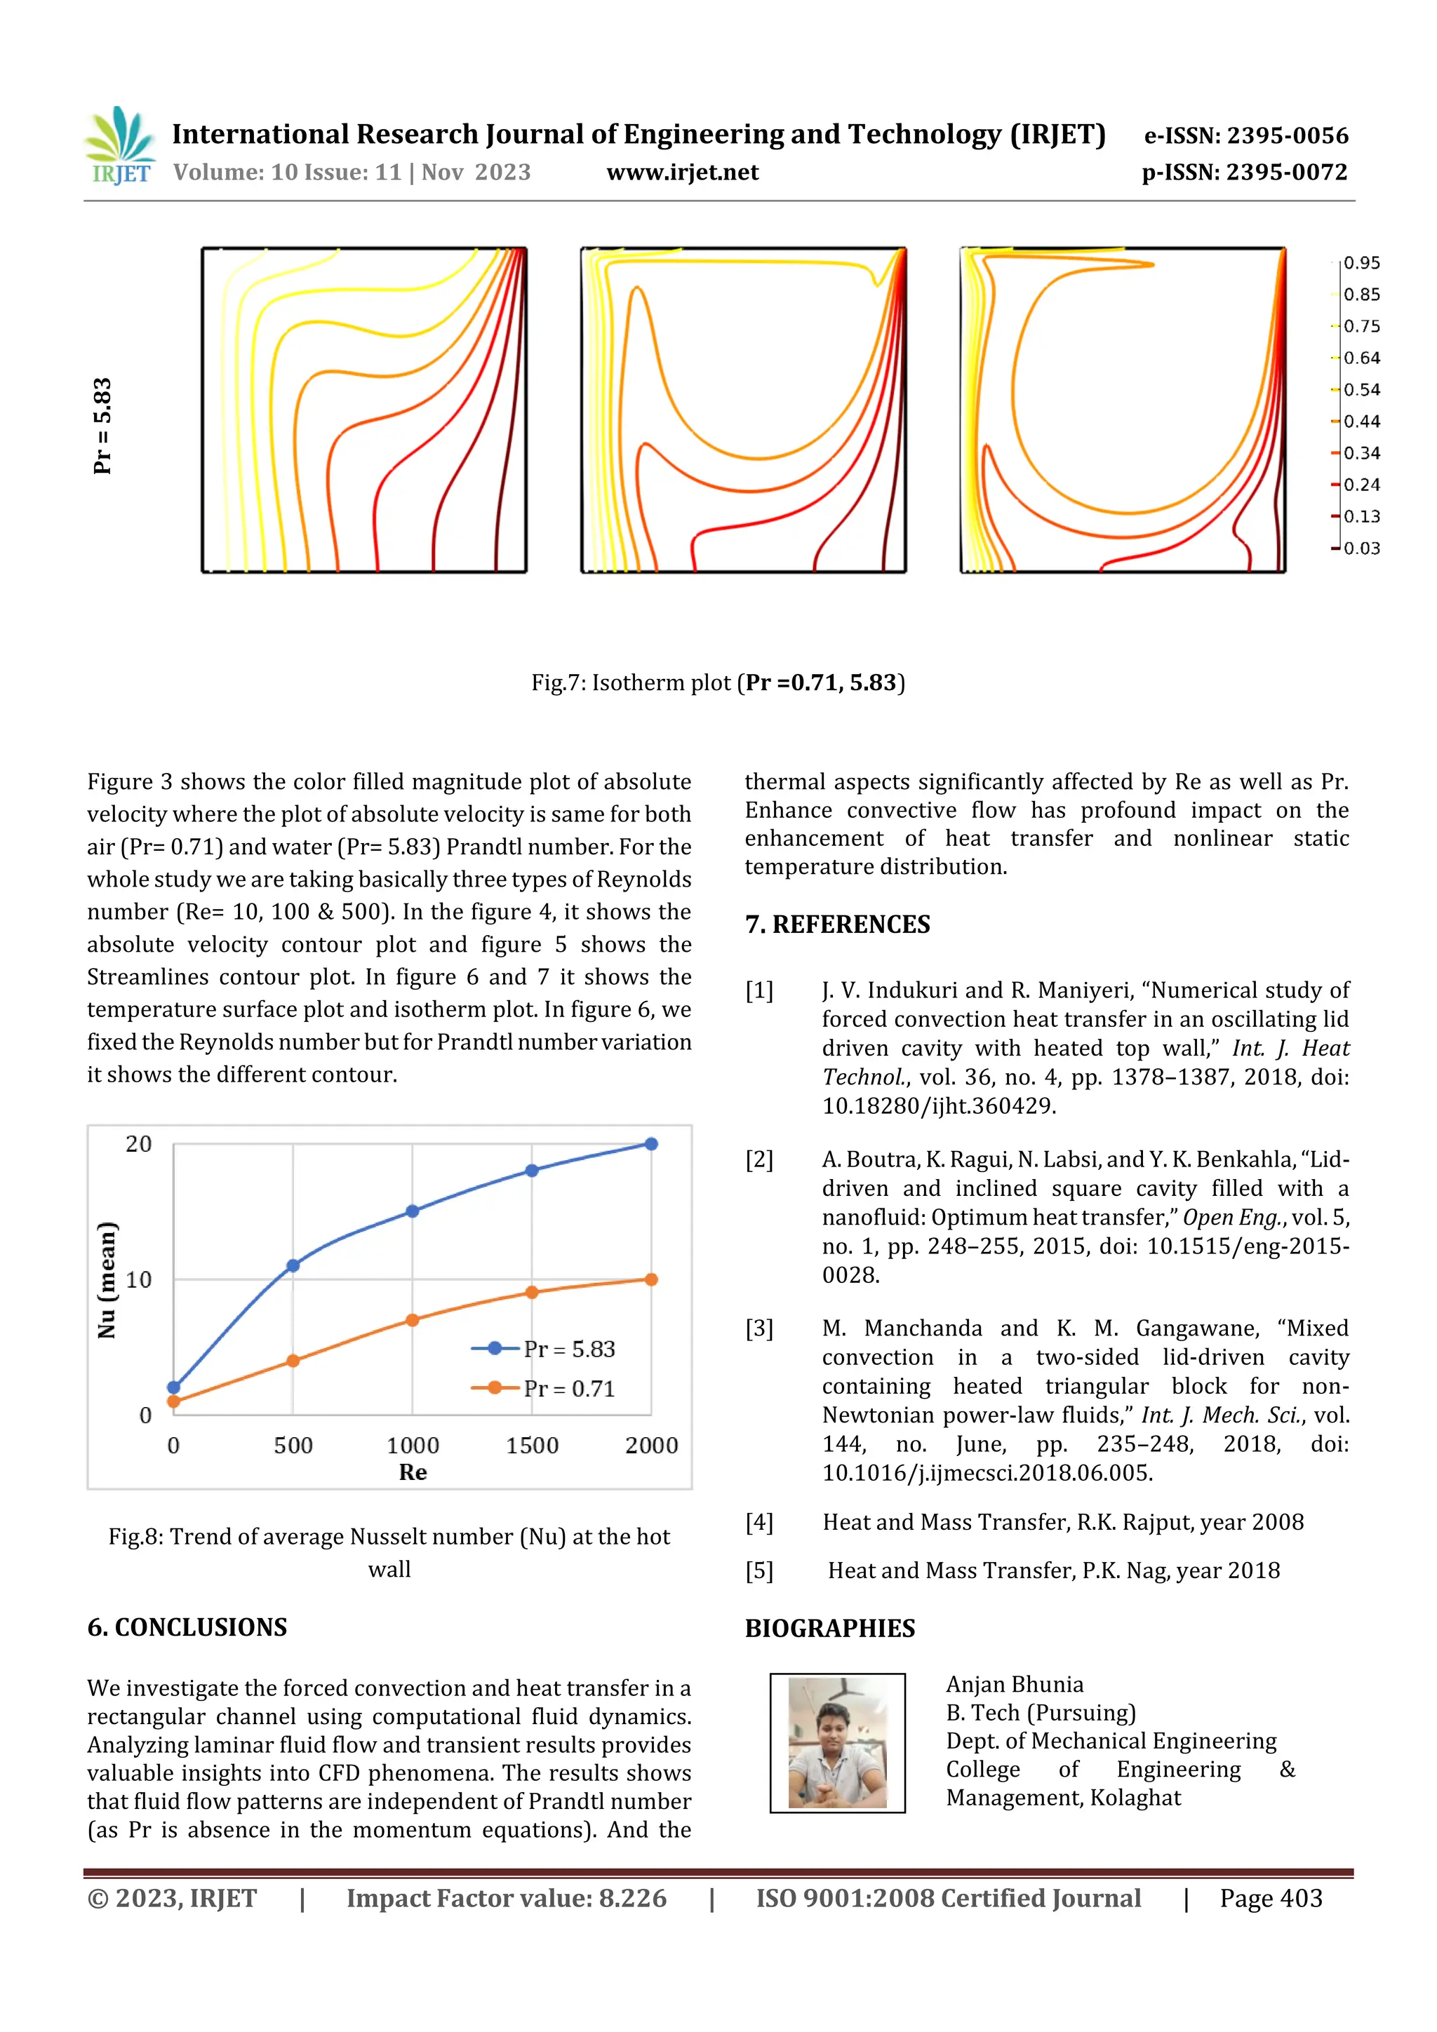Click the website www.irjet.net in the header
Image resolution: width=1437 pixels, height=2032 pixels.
[682, 173]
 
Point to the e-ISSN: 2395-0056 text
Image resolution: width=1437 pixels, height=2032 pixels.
[1245, 135]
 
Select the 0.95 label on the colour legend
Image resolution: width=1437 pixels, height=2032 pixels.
[1361, 263]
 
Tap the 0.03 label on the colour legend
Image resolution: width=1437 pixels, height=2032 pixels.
[1361, 549]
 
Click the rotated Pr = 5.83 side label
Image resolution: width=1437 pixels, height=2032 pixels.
[102, 426]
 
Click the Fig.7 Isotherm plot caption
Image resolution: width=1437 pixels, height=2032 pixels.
[717, 682]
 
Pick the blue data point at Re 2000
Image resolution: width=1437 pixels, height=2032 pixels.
[650, 1144]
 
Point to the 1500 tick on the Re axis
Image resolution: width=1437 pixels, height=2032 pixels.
[531, 1445]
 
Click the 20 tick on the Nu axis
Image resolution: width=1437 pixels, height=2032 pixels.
[138, 1144]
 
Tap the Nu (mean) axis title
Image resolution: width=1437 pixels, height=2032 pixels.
[106, 1280]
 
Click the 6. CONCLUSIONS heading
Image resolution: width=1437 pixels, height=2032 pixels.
[187, 1627]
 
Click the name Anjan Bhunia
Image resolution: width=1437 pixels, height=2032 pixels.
[1014, 1684]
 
